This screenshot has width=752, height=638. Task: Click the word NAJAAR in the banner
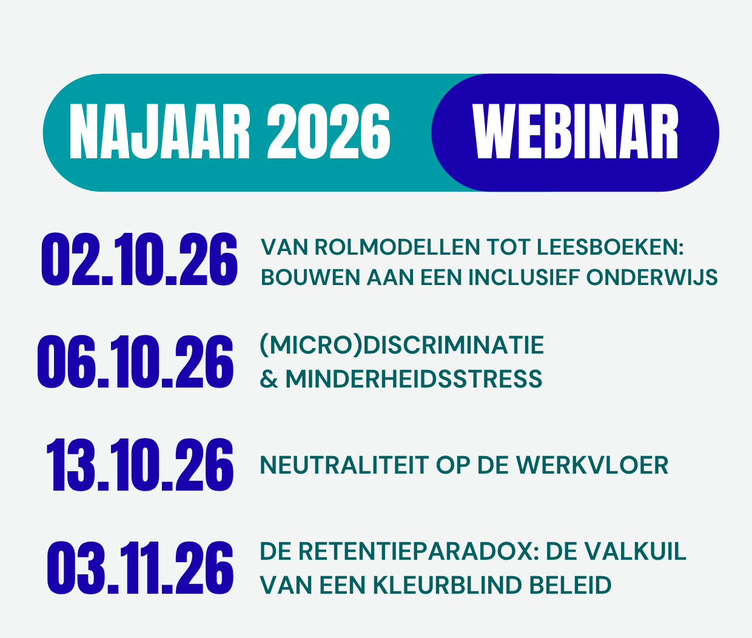click(159, 132)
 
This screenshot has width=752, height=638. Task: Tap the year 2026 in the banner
click(329, 132)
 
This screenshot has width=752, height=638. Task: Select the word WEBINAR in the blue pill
click(575, 132)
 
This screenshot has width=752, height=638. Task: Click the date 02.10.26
click(139, 260)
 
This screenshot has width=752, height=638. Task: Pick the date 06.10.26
click(135, 361)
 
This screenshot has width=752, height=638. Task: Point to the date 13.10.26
click(139, 465)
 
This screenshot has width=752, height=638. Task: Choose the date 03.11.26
click(140, 568)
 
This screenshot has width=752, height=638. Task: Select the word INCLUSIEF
click(524, 278)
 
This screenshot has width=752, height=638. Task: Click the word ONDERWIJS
click(652, 278)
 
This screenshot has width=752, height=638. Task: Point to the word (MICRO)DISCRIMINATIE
click(402, 345)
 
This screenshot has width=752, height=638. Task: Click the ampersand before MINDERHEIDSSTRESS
click(269, 378)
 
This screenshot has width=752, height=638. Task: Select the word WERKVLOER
click(593, 465)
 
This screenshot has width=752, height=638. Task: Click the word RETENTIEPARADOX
click(419, 551)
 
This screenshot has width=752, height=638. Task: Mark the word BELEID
click(570, 585)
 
